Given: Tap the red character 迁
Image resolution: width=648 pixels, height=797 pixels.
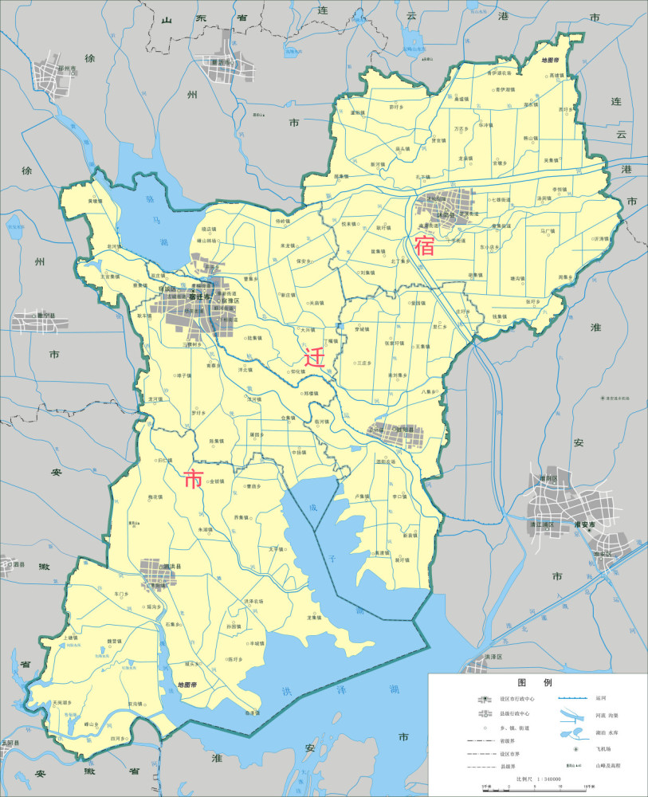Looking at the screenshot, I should point(315,355).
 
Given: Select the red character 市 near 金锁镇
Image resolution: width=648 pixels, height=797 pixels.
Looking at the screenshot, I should point(194,479).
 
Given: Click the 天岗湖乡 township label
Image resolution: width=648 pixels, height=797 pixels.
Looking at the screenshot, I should point(61,702).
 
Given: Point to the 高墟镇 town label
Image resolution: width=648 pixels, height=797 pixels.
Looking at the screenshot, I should point(556,76).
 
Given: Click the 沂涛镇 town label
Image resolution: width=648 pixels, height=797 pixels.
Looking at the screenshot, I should point(600,238).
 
